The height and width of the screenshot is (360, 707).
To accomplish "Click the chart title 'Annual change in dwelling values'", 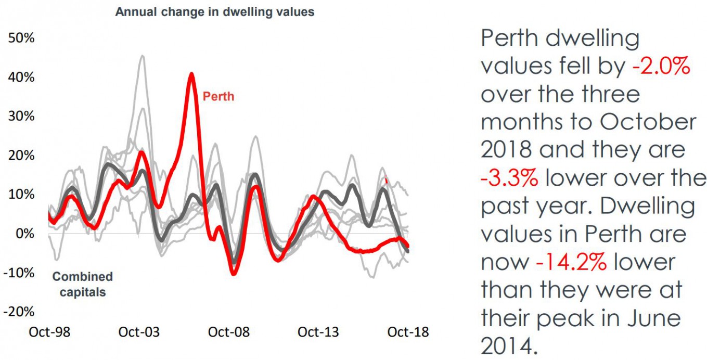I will (214, 11).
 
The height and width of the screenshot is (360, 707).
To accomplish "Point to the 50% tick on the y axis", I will (20, 38).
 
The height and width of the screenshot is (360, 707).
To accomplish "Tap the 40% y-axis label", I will (20, 78).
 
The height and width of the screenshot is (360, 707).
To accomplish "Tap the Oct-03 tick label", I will (139, 332).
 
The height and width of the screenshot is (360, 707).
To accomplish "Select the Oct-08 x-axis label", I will (229, 332).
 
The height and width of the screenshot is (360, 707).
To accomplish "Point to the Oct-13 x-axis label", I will (318, 332).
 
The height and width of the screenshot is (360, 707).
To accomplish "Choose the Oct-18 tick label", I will (408, 332).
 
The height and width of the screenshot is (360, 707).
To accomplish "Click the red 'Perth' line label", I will (218, 96).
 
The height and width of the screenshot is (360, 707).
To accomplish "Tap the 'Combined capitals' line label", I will (83, 284).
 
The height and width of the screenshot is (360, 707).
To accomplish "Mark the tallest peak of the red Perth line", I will (191, 74).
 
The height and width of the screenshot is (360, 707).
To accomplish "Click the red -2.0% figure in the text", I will (661, 67).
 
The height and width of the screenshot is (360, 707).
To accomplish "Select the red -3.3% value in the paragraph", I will (509, 178).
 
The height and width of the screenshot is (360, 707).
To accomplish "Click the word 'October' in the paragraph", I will (647, 122).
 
